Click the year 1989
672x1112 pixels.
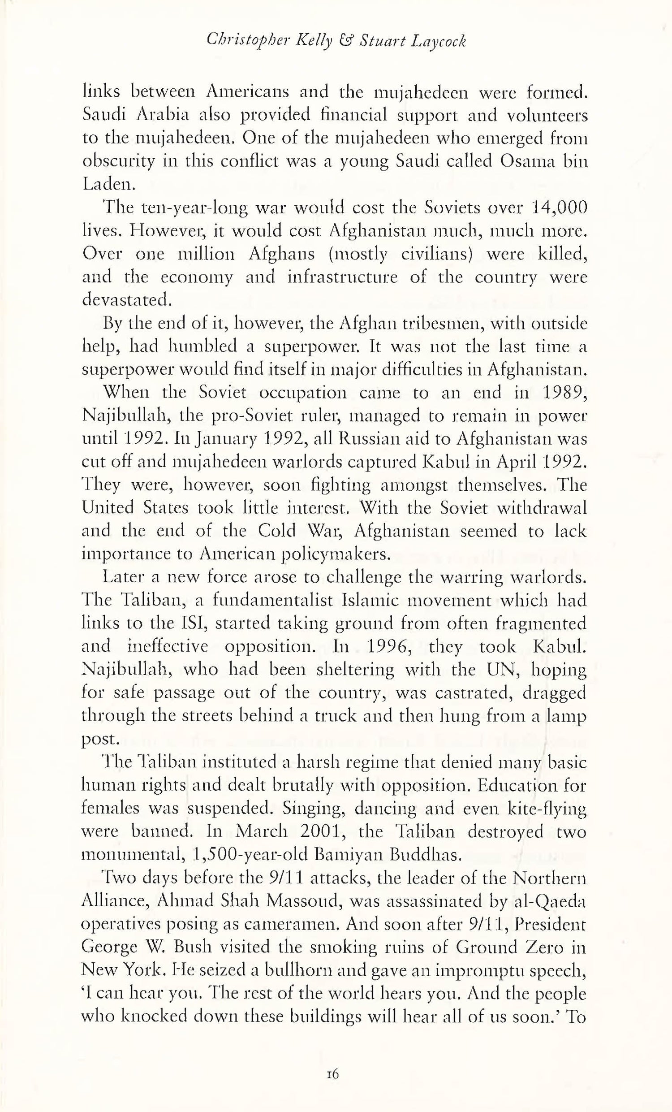pos(564,393)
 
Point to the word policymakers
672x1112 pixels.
pos(336,554)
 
